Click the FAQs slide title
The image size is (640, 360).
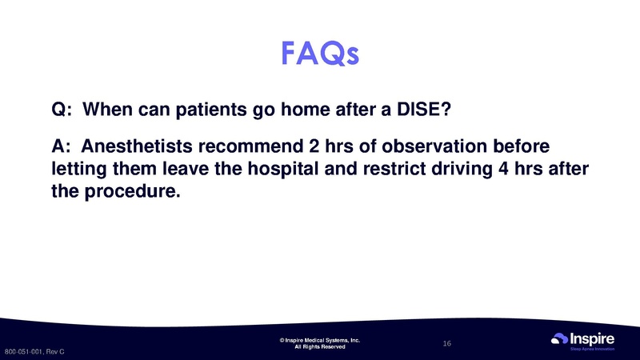[320, 53]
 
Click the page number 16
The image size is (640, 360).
[447, 343]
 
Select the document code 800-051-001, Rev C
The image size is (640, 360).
[34, 352]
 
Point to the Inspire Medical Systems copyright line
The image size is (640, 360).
[320, 340]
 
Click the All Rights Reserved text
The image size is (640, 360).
[320, 347]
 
